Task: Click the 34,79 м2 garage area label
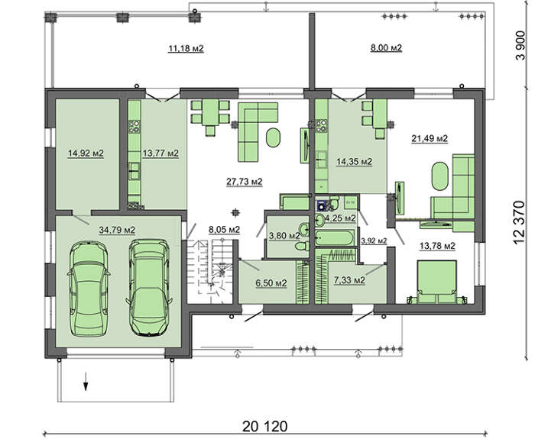(117, 231)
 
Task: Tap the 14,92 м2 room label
(86, 153)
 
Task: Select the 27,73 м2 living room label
(245, 182)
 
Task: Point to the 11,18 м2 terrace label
(186, 49)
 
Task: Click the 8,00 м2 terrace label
(386, 47)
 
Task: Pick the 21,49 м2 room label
(430, 139)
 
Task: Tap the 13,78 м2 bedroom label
(437, 246)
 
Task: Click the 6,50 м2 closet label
(271, 283)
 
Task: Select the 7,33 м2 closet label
(349, 280)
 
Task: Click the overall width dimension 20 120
(265, 426)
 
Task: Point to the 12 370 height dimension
(518, 222)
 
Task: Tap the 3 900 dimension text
(520, 45)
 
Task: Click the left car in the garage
(89, 289)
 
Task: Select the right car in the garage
(149, 288)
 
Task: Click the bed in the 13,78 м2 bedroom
(437, 282)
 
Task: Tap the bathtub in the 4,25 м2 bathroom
(335, 237)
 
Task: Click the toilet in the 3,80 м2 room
(302, 246)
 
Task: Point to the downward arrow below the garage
(86, 382)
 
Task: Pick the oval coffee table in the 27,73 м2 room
(273, 137)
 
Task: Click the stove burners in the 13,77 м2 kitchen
(135, 126)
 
